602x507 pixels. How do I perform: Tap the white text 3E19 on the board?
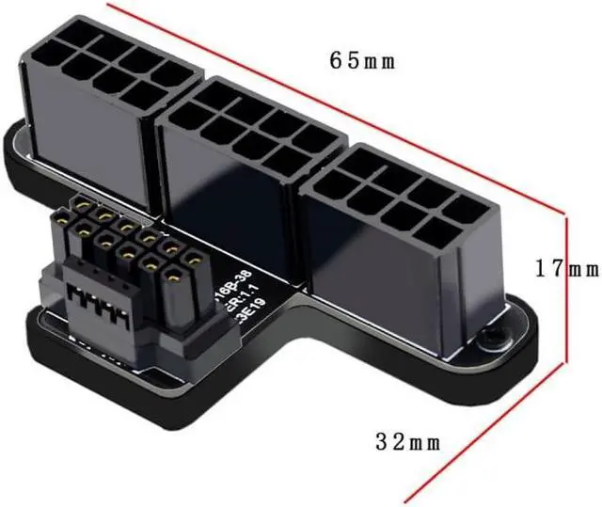click(247, 307)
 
